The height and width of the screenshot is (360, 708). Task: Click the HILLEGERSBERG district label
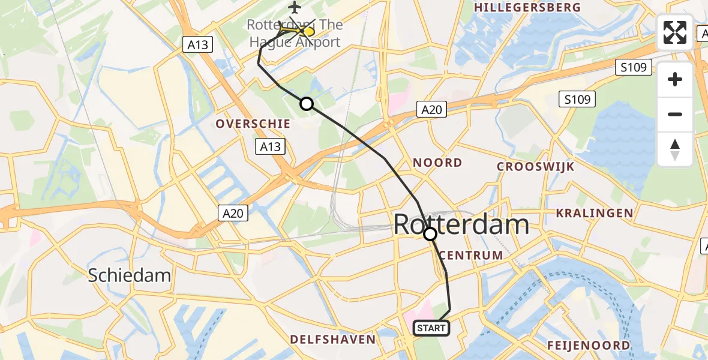527,7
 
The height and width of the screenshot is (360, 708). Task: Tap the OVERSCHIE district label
253,124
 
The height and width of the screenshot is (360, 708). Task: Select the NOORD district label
437,163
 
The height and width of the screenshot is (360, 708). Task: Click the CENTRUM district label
471,255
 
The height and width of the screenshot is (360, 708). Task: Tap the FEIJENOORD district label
588,345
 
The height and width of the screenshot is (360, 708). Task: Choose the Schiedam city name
130,275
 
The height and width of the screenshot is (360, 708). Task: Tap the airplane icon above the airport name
294,7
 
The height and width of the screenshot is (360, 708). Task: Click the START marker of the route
431,328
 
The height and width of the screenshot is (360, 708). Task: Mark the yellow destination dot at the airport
309,31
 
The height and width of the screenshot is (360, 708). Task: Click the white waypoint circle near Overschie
307,104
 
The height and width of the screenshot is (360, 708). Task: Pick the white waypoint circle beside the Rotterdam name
430,234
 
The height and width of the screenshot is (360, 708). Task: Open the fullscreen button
675,32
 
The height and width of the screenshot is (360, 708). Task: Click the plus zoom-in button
675,79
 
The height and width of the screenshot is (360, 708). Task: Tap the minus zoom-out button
675,114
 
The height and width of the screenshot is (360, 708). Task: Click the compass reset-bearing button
675,149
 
